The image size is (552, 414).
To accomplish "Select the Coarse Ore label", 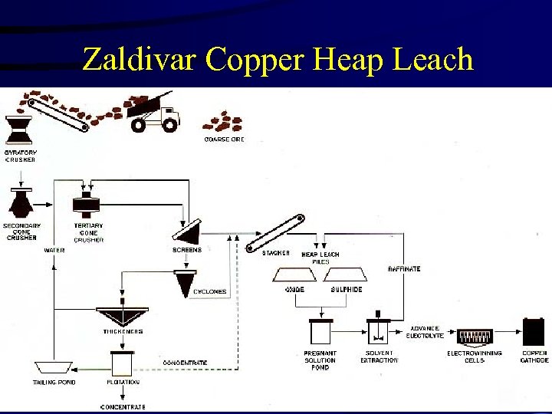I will click(224, 140).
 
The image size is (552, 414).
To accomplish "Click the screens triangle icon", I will click(188, 231).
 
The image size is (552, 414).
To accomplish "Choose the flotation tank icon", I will click(122, 362).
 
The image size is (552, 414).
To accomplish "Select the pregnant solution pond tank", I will click(320, 331).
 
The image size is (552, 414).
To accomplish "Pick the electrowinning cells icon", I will click(475, 336).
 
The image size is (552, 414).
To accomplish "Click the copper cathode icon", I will click(533, 332).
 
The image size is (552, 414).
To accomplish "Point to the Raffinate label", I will click(404, 269).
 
